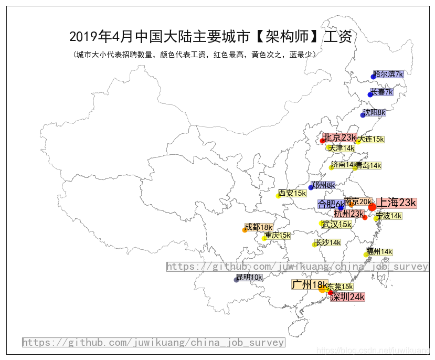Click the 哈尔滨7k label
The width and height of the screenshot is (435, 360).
point(388,75)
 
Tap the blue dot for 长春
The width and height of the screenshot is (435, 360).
point(370,94)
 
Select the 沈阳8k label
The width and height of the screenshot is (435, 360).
point(375,112)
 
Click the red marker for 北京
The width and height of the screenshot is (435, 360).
point(323,141)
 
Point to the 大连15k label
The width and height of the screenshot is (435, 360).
point(371,139)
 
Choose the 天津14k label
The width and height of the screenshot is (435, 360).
point(341,149)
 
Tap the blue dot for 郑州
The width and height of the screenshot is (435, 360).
point(311,187)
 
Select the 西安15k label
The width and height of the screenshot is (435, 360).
point(292,194)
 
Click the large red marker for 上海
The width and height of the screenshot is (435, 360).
point(372,207)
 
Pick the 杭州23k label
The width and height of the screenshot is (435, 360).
point(349,214)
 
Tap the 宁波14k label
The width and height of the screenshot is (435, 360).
point(389,216)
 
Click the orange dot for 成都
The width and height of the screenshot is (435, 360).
point(245,230)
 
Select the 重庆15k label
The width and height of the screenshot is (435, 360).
point(278,236)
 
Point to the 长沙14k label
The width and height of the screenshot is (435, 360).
point(328,242)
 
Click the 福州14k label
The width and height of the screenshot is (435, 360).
point(379,252)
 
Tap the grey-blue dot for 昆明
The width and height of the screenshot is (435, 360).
point(236,280)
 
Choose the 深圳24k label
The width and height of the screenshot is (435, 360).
point(347,297)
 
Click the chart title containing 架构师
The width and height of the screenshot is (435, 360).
point(210,37)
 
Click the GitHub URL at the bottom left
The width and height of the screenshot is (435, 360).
point(153,343)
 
